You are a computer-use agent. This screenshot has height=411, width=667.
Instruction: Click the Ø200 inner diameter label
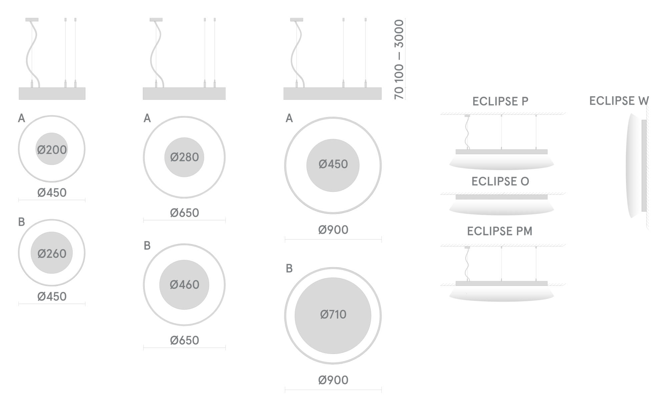52,150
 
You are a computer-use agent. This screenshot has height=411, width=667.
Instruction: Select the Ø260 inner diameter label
52,254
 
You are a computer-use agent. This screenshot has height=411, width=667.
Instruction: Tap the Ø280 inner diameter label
184,157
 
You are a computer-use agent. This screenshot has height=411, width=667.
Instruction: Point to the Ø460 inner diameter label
184,285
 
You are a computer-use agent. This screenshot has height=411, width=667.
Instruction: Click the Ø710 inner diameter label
333,314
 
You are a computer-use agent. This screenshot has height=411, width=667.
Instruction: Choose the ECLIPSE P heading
500,101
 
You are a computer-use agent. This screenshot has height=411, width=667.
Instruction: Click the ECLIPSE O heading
500,181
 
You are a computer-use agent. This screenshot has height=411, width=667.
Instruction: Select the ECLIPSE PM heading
500,231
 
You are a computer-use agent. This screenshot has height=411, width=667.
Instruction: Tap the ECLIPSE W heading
619,101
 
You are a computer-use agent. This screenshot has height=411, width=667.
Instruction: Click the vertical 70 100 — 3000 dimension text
399,59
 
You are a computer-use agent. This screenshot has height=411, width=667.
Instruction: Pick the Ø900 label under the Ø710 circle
333,380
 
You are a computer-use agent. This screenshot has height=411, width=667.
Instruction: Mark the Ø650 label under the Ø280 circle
184,213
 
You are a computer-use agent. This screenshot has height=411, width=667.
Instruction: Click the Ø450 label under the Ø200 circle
52,193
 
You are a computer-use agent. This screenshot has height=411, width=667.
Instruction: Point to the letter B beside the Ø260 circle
21,222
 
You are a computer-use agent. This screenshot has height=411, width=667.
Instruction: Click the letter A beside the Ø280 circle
147,118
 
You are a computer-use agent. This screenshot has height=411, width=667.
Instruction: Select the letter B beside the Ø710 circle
289,269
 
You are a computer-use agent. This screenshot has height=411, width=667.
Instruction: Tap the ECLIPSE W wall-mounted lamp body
634,166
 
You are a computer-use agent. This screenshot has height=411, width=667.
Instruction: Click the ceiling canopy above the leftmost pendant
32,20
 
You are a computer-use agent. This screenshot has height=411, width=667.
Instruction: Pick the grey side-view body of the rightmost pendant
332,93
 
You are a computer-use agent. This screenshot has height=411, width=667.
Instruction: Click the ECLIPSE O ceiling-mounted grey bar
502,197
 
